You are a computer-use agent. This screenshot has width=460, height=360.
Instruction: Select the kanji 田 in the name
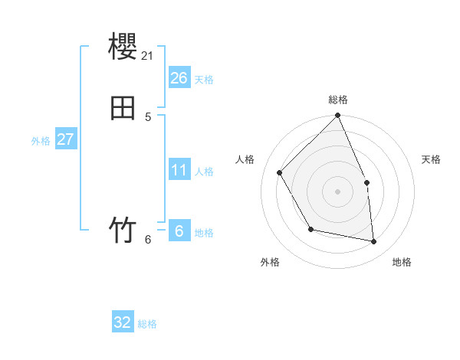point(123,107)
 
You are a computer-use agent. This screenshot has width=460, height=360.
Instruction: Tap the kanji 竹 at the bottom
point(123,230)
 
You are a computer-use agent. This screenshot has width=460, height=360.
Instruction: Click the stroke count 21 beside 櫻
point(148,55)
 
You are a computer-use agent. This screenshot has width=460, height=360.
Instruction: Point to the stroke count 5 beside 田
point(148,116)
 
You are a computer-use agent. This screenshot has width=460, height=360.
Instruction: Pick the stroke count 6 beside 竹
point(148,239)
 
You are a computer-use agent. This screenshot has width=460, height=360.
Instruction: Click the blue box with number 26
point(179,78)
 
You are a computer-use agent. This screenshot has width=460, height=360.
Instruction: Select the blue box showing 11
point(179,170)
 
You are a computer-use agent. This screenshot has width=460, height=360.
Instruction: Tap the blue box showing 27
point(66,139)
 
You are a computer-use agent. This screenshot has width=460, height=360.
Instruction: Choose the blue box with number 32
point(123,322)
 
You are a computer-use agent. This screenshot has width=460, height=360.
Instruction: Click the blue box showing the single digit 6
point(179,231)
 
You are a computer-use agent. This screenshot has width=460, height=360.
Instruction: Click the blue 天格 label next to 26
point(203,80)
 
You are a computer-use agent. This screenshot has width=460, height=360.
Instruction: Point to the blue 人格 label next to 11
point(203,172)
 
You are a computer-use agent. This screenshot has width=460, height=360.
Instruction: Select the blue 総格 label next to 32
point(147,324)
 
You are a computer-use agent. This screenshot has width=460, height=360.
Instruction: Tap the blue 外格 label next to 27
point(41,141)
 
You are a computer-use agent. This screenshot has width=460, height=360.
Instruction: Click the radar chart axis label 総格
point(338,100)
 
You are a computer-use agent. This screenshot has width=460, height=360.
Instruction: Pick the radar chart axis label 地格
point(402,262)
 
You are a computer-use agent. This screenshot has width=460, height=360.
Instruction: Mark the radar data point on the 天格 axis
point(366,182)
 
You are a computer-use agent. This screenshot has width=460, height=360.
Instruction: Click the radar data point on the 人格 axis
point(280,172)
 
